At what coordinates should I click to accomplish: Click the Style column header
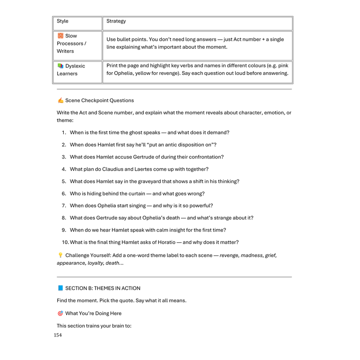[x=62, y=21]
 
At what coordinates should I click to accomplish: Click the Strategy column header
[x=116, y=21]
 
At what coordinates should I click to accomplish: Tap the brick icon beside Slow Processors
[x=60, y=36]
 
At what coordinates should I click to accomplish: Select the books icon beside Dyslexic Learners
[x=60, y=66]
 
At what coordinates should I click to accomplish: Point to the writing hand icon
[x=60, y=100]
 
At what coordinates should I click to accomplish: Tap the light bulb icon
[x=60, y=255]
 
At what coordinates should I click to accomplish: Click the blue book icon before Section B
[x=60, y=288]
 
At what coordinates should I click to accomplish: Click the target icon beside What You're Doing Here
[x=60, y=313]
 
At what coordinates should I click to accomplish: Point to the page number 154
[x=58, y=335]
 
